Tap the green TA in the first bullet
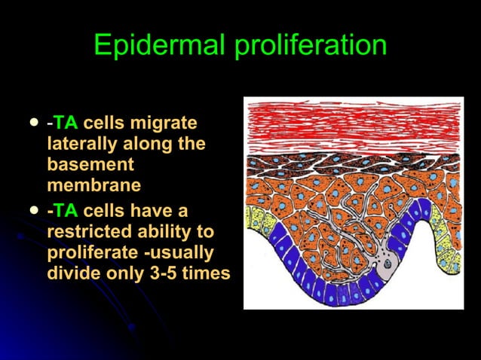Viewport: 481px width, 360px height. tap(66, 123)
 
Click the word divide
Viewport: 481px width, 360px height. tap(72, 273)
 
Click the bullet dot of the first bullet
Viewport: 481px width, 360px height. tap(32, 121)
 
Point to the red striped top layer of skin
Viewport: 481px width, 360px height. tap(353, 124)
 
